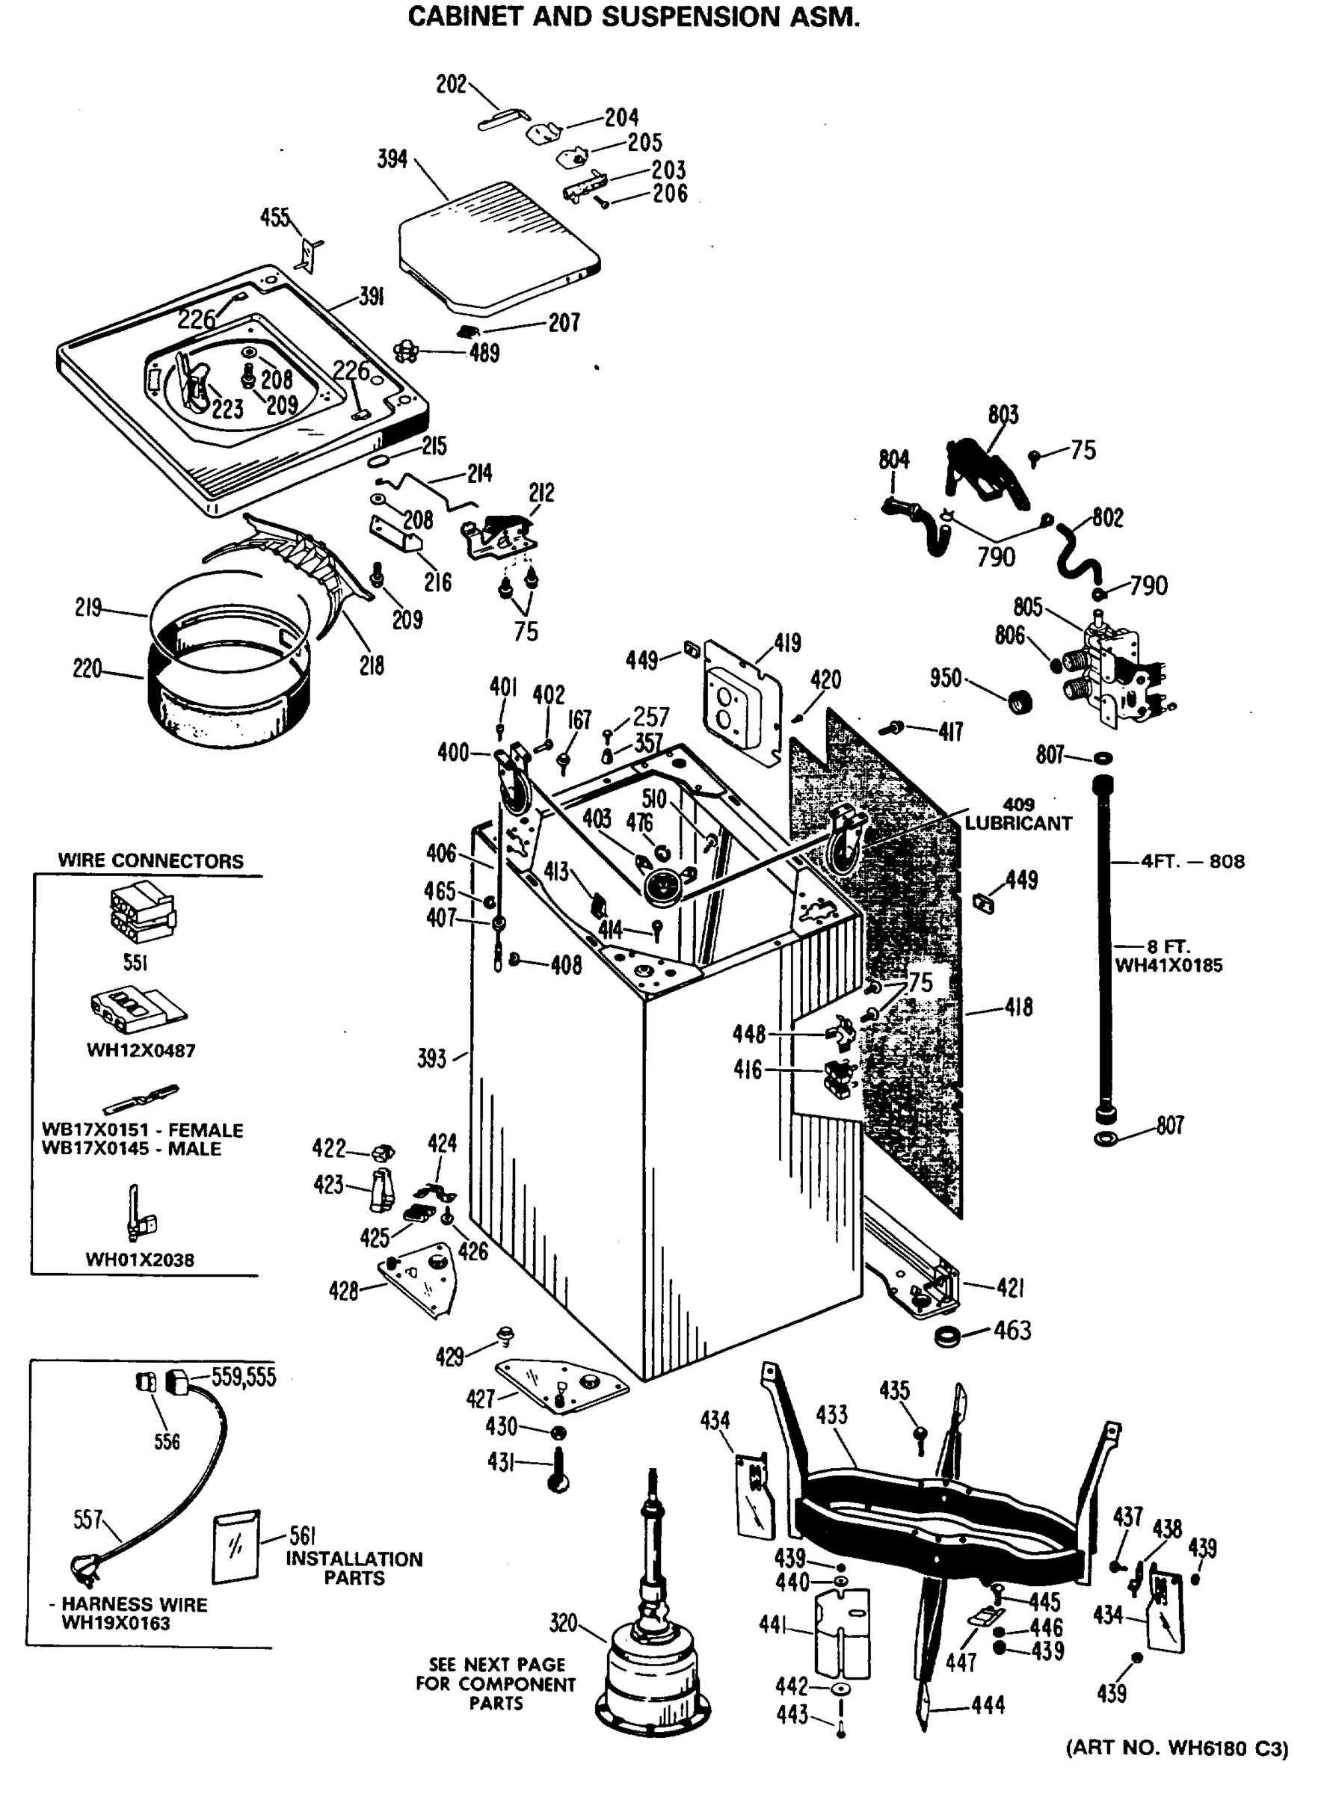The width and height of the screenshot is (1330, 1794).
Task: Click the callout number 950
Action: (945, 679)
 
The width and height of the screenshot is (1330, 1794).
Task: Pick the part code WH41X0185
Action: (1169, 965)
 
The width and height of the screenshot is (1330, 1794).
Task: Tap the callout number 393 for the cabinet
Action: (431, 1058)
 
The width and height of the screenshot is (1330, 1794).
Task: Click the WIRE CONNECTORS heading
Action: (150, 860)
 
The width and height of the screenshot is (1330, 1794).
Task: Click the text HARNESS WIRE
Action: (135, 1603)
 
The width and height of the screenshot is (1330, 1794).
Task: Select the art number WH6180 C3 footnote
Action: (1177, 1748)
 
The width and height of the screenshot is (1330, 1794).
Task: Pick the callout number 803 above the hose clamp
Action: (1003, 415)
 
